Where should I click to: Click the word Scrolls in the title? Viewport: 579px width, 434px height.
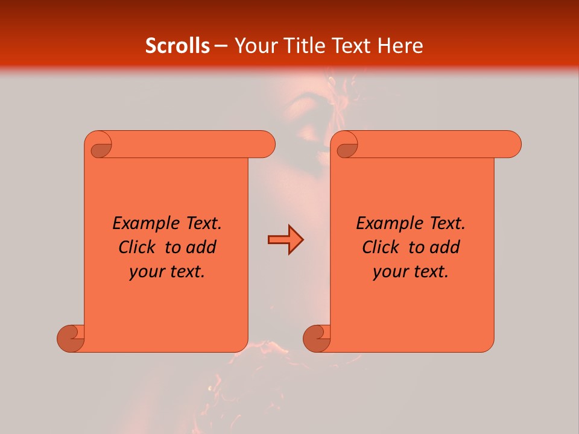coord(177,46)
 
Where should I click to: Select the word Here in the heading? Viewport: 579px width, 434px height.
coord(400,46)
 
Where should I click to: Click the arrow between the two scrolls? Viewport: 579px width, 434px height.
coord(285,240)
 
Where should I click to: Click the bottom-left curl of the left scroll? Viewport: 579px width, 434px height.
coord(71,338)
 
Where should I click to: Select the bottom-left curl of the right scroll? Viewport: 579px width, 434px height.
coord(317,338)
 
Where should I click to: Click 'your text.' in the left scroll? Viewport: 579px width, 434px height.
coord(167,272)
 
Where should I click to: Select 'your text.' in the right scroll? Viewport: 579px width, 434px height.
coord(411,272)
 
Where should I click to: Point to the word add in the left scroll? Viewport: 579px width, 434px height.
coord(201,247)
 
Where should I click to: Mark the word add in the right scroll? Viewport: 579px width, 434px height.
coord(445,247)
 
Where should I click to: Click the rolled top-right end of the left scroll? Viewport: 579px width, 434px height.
coord(263,145)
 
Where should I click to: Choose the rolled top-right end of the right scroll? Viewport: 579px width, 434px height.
coord(509,145)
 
